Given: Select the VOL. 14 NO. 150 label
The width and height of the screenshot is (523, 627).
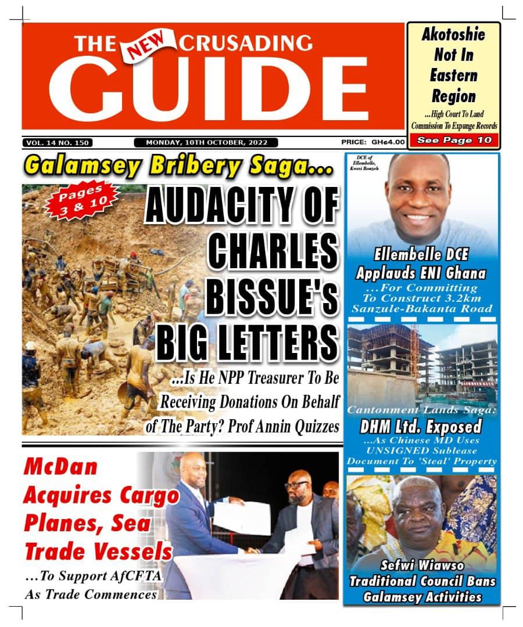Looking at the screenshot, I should (x=58, y=142).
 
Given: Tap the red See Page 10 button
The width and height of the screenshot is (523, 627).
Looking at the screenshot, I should (x=454, y=140).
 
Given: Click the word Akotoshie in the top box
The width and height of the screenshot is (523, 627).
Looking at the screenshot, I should (x=453, y=35).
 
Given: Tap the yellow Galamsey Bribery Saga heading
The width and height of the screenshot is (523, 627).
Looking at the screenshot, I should (x=178, y=167).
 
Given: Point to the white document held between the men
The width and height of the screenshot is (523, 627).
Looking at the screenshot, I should (x=241, y=517).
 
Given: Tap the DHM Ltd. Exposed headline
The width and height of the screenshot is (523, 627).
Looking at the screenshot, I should (x=421, y=427).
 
